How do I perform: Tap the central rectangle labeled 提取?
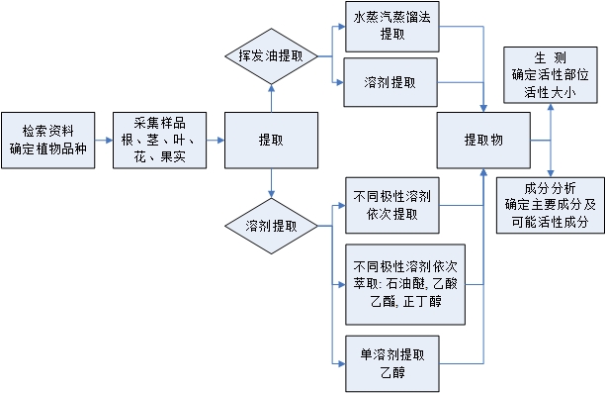[x=271, y=141]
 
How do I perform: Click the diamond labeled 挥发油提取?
[x=271, y=56]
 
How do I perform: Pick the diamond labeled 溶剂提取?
[x=271, y=227]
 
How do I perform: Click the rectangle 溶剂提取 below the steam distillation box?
[x=390, y=82]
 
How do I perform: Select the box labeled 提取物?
[x=483, y=141]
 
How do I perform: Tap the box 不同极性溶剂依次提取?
[x=390, y=205]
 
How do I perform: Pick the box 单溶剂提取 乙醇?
[x=390, y=362]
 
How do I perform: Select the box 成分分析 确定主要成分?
[x=552, y=205]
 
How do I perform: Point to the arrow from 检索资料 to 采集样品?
[x=106, y=141]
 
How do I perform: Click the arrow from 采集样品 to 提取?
[x=214, y=141]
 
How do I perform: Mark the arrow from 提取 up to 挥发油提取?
[x=271, y=97]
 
